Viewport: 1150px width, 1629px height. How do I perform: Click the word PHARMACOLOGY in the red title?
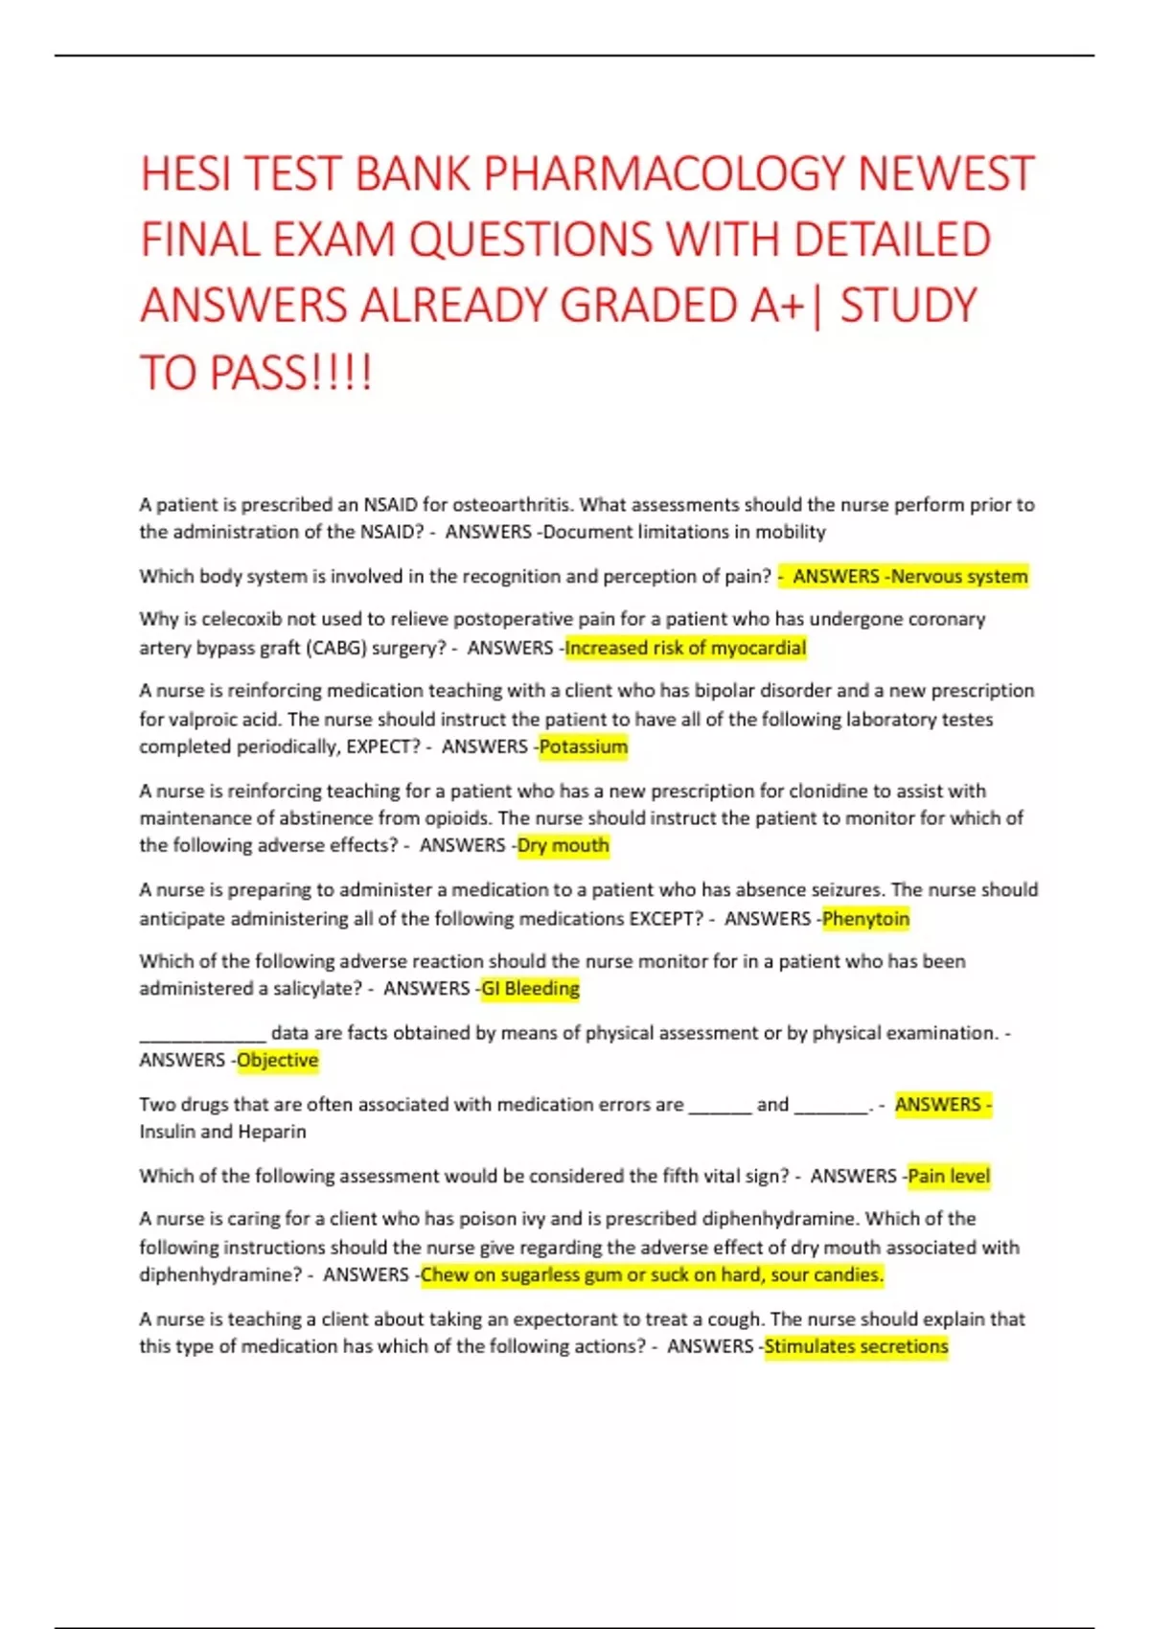[x=665, y=174]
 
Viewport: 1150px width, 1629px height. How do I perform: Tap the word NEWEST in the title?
[x=946, y=174]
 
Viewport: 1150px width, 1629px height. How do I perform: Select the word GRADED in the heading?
[x=648, y=306]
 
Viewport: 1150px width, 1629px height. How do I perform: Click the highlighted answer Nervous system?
[x=959, y=576]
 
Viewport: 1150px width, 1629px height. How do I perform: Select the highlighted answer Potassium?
[x=584, y=746]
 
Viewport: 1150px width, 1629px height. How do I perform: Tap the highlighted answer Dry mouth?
[x=563, y=845]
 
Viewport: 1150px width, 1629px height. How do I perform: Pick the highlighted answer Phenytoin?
[x=865, y=918]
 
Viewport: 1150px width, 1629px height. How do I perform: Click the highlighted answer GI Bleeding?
[x=531, y=988]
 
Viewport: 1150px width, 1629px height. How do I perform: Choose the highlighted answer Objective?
[x=278, y=1060]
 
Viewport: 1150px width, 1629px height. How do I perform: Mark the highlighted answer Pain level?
[x=949, y=1176]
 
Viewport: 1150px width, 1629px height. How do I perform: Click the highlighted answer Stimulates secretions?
[x=856, y=1346]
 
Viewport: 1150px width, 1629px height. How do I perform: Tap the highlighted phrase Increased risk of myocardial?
[x=685, y=648]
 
